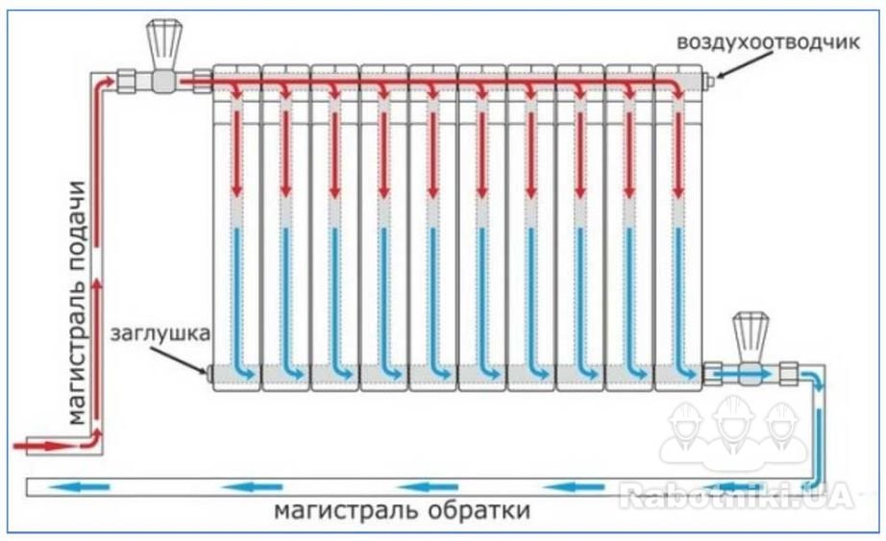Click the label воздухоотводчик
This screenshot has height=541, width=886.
click(x=768, y=43)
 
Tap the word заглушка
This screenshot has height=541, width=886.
click(x=160, y=333)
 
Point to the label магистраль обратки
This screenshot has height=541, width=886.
click(x=403, y=510)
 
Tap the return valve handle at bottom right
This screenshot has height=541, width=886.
click(x=751, y=332)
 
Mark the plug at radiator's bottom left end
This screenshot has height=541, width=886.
click(x=209, y=374)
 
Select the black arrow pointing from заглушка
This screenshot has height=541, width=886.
click(x=179, y=359)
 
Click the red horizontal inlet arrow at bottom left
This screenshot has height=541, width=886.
click(x=43, y=446)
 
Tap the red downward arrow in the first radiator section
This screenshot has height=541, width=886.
click(x=236, y=153)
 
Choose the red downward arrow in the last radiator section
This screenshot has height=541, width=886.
click(x=677, y=153)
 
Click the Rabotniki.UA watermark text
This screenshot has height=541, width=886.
click(x=736, y=496)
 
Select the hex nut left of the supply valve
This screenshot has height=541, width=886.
click(x=127, y=80)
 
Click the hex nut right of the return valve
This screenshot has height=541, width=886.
click(x=788, y=374)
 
